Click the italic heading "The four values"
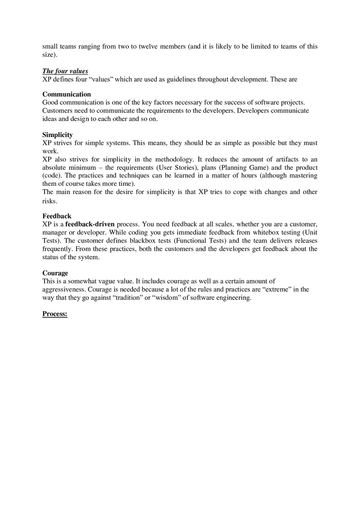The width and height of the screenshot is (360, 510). point(65,71)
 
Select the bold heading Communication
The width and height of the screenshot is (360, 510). point(67,94)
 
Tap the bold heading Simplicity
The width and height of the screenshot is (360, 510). point(58,135)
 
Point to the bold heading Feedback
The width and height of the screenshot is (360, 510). point(57,216)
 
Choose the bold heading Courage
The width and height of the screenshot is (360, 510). point(55,273)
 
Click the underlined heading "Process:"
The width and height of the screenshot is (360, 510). point(55,314)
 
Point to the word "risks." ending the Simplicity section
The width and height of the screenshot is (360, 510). point(50,201)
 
